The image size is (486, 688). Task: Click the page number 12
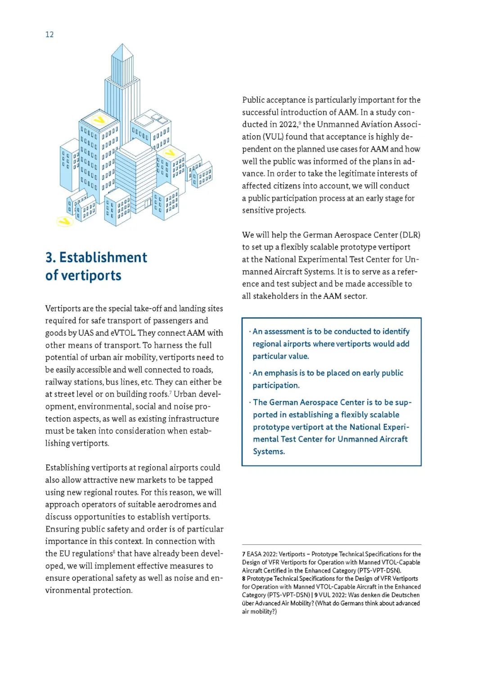pyautogui.click(x=49, y=35)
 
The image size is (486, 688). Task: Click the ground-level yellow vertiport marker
pyautogui.click(x=65, y=221)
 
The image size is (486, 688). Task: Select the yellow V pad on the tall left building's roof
pyautogui.click(x=99, y=120)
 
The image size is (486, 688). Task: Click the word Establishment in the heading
pyautogui.click(x=103, y=257)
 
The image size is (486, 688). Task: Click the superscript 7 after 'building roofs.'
pyautogui.click(x=171, y=392)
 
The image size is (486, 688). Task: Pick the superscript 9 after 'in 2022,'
pyautogui.click(x=300, y=122)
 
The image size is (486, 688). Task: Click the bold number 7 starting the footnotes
pyautogui.click(x=243, y=554)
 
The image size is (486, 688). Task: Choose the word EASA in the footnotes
pyautogui.click(x=254, y=554)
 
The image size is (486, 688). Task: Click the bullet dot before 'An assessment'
pyautogui.click(x=250, y=332)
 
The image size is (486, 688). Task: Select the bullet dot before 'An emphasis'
pyautogui.click(x=250, y=373)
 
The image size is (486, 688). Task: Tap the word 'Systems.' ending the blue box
pyautogui.click(x=269, y=451)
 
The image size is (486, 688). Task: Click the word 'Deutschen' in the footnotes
pyautogui.click(x=405, y=595)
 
